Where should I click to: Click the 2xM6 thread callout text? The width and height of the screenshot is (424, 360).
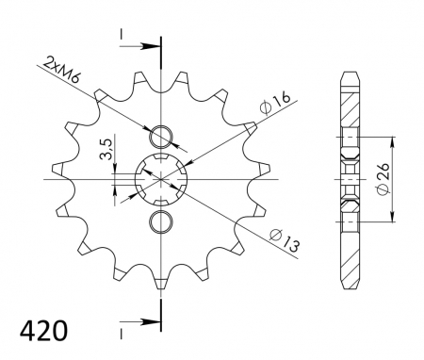click(62, 70)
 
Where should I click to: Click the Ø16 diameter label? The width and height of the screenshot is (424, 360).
click(275, 104)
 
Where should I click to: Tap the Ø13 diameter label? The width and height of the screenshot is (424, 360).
click(285, 239)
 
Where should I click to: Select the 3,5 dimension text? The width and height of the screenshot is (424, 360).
click(106, 149)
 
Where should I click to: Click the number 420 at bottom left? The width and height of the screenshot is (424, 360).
click(43, 331)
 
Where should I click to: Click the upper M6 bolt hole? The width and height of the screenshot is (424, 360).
click(161, 137)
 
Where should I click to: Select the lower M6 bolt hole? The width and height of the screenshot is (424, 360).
click(161, 222)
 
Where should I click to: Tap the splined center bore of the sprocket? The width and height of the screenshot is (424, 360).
click(161, 180)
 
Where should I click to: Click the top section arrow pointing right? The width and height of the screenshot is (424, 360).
click(140, 46)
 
